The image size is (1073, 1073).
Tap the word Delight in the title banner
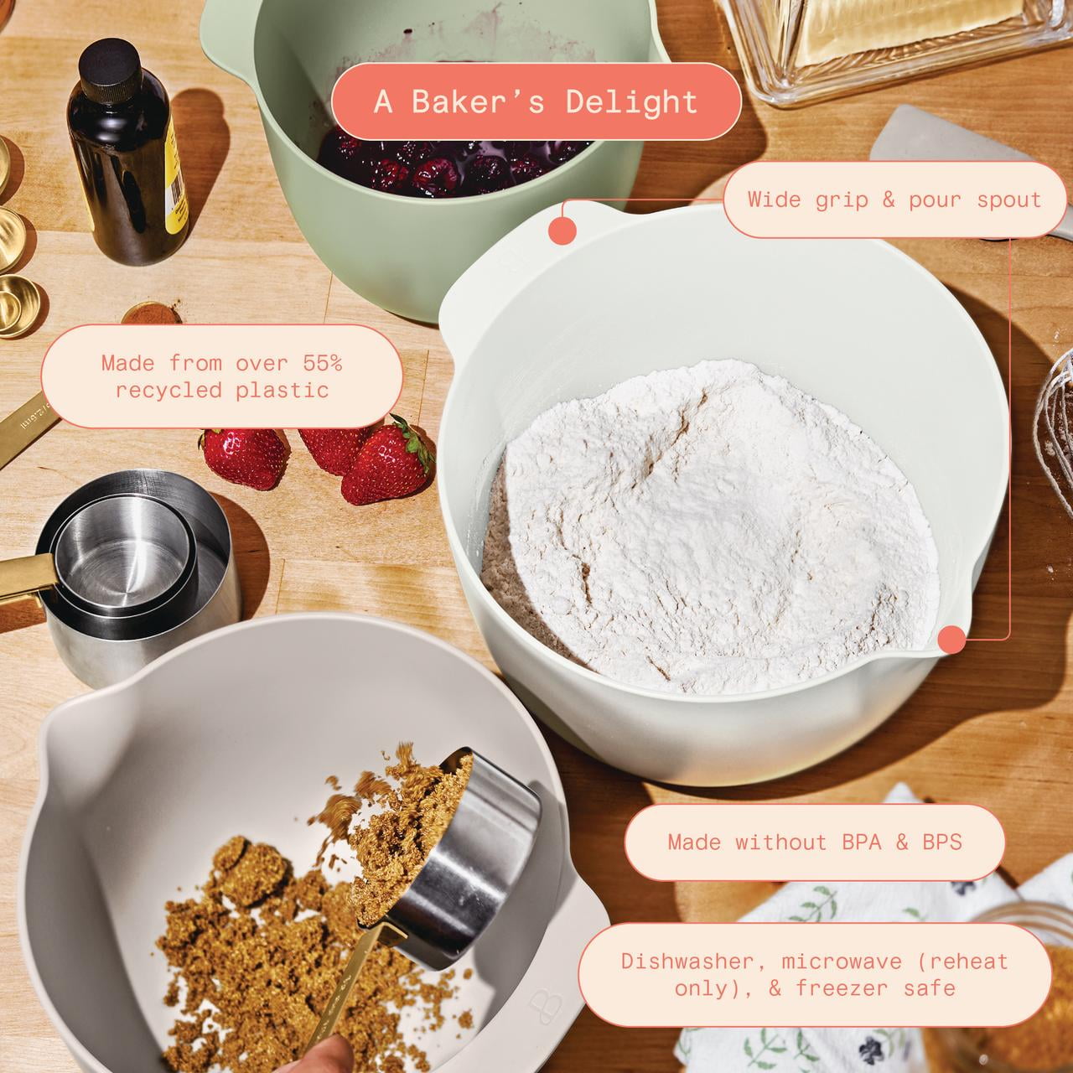[x=631, y=102]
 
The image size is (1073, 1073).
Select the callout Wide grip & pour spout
[x=894, y=200]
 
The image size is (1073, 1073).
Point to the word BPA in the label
[x=862, y=842]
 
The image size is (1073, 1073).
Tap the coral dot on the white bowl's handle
[x=562, y=231]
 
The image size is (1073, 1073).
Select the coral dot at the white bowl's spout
[x=951, y=640]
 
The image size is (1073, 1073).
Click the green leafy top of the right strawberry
[x=412, y=440]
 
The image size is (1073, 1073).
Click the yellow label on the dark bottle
[x=177, y=184]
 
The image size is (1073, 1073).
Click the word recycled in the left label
[x=168, y=391]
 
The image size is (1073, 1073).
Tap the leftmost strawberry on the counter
[x=244, y=458]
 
